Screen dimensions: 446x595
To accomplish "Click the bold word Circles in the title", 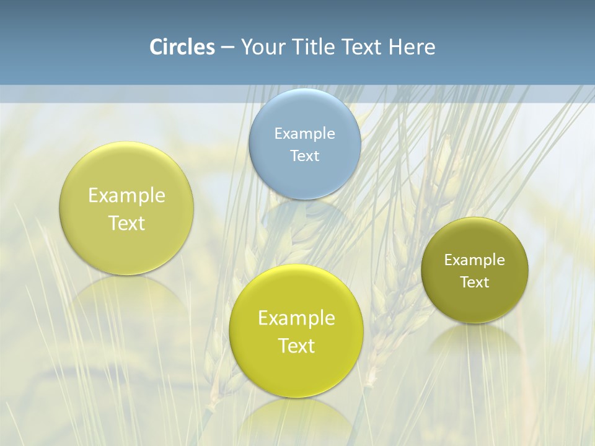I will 182,47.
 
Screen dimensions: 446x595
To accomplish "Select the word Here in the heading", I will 412,47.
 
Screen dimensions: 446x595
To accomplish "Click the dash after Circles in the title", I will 227,48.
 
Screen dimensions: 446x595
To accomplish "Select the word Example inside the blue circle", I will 304,133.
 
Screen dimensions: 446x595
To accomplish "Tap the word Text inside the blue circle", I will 304,155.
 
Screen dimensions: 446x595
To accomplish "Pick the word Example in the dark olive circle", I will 475,260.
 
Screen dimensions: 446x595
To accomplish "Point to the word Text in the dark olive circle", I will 475,282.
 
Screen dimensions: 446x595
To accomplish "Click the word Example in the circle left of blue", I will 126,195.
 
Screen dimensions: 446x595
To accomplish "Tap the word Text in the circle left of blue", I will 126,223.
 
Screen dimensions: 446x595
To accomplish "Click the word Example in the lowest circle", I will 296,318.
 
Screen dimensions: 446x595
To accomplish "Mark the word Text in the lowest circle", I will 296,346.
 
